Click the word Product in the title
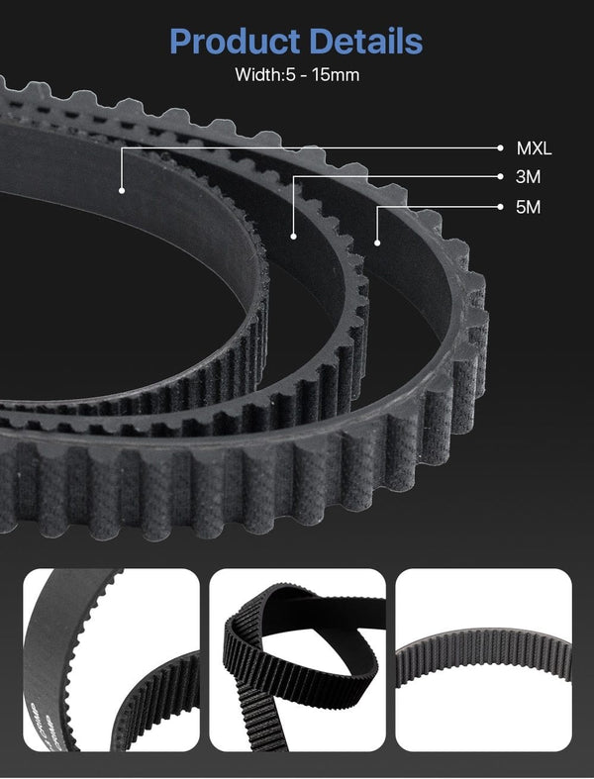[234, 42]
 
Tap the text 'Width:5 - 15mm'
[296, 75]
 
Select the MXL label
[534, 148]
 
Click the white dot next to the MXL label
[501, 148]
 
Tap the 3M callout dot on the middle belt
[294, 236]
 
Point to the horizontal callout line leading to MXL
[317, 148]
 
